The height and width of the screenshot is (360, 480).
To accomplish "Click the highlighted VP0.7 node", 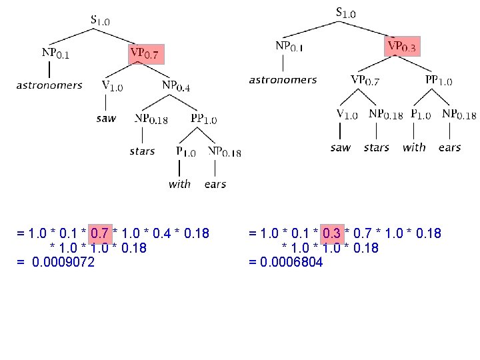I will pos(143,54).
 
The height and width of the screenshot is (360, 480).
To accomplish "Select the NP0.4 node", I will pos(176,86).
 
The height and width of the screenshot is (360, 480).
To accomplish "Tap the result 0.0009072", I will pos(63,262).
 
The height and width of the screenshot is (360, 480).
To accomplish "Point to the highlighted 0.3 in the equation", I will pos(331,233).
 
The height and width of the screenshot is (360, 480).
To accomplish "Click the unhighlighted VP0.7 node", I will pos(365,81).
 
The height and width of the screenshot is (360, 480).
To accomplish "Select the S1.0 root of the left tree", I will pos(100,20).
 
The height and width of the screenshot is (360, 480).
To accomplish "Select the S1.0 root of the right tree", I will pos(346,13).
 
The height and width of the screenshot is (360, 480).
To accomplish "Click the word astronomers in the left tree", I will pos(49,85).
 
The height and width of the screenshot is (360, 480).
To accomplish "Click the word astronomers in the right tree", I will pos(283,80).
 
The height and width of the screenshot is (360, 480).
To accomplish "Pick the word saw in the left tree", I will pos(107,119).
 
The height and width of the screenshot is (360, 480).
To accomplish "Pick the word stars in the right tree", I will pos(377,147).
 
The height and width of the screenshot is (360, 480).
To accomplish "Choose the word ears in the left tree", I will pos(215,184).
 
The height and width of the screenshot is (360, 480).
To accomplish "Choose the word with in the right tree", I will pos(414,147).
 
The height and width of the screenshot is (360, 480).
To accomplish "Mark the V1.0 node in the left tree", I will pos(113,86).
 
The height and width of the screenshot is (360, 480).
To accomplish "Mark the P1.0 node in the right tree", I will pos(421,115).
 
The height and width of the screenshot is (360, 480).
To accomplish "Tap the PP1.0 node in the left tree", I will pos(204,119).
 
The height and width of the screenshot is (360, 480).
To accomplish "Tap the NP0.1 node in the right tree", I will pos(289,47).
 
